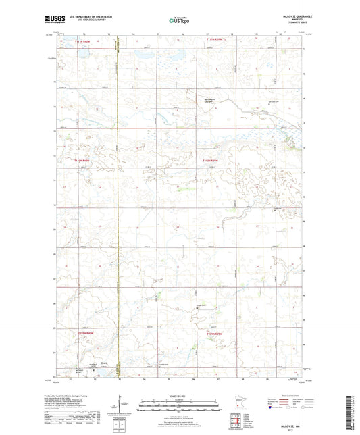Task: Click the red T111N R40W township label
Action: tap(82, 42)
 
